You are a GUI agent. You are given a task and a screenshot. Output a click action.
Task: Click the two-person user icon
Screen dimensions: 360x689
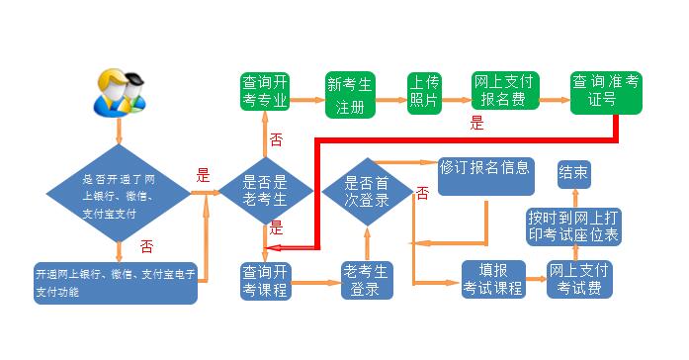[120, 91]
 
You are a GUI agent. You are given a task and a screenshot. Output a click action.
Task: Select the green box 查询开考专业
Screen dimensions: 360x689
[264, 91]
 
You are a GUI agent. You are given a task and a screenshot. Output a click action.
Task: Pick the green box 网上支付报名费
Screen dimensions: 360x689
[504, 91]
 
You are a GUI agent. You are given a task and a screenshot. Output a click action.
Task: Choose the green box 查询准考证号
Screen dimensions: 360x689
[606, 91]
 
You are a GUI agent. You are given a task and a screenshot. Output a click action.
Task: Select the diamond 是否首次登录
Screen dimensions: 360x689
[365, 190]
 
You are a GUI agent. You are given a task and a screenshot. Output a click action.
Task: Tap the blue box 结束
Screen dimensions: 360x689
[574, 174]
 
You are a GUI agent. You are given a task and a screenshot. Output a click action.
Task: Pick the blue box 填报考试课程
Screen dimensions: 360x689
[491, 280]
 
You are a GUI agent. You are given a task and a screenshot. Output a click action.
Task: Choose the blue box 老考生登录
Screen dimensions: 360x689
[368, 280]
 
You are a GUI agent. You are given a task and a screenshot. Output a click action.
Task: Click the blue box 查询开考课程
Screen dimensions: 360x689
[264, 280]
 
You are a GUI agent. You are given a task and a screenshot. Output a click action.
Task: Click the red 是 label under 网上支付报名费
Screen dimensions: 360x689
[476, 125]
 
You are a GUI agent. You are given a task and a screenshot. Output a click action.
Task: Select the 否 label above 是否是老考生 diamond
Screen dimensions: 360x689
[277, 138]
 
